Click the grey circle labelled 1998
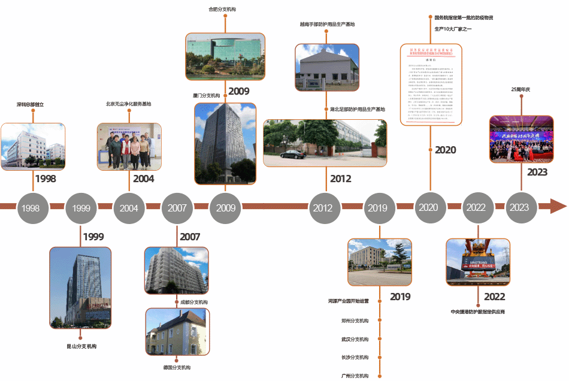coord(31,208)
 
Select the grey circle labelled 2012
coord(322,208)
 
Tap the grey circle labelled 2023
coord(519,208)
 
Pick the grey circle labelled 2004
coord(129,208)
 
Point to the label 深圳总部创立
coord(31,104)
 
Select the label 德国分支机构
coord(177,367)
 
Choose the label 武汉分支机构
coord(355,339)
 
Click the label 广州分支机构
coord(355,376)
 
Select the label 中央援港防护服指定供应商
coord(477,312)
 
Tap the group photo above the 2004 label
coord(129,147)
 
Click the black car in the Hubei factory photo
coord(292,154)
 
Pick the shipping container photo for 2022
coord(477,262)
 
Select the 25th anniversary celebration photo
coord(520,139)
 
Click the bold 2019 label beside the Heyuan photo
coord(400,297)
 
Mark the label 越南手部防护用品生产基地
coord(327,25)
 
